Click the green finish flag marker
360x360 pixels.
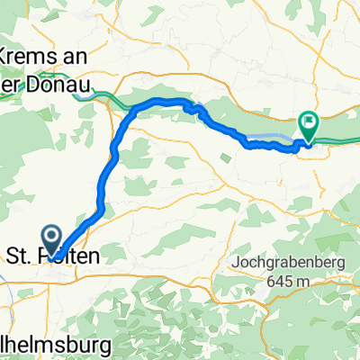[308, 125]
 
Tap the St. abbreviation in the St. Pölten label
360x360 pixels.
[18, 256]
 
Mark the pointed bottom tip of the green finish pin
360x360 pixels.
[308, 143]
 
